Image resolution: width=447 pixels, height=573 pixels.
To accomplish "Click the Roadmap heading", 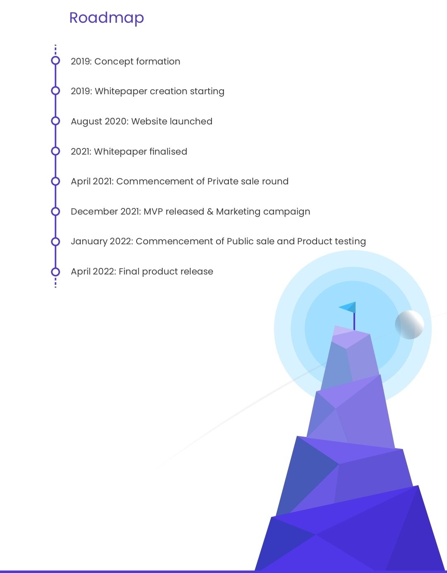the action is [x=106, y=18].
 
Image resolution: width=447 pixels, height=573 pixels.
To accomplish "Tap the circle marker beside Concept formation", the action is [x=55, y=61].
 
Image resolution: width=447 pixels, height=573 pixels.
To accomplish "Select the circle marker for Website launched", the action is [x=55, y=121].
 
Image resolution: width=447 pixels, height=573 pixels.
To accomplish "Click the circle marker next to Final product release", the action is [x=55, y=272].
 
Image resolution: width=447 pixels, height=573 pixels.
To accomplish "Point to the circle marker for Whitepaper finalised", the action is [x=55, y=151].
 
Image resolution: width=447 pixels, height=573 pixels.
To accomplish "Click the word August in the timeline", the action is [x=86, y=122].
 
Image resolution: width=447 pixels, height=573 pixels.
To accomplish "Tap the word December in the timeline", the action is [x=94, y=212].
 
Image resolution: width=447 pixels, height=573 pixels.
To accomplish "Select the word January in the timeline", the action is [x=89, y=242].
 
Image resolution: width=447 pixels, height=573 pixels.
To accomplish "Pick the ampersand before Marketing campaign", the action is [x=210, y=212].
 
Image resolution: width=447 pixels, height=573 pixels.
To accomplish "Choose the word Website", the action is [x=149, y=121].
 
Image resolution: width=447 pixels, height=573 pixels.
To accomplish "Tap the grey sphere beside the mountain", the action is [x=409, y=325].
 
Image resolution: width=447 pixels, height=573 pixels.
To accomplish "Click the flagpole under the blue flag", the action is [x=354, y=321].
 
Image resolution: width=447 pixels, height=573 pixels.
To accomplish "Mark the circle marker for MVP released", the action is [x=55, y=212].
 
